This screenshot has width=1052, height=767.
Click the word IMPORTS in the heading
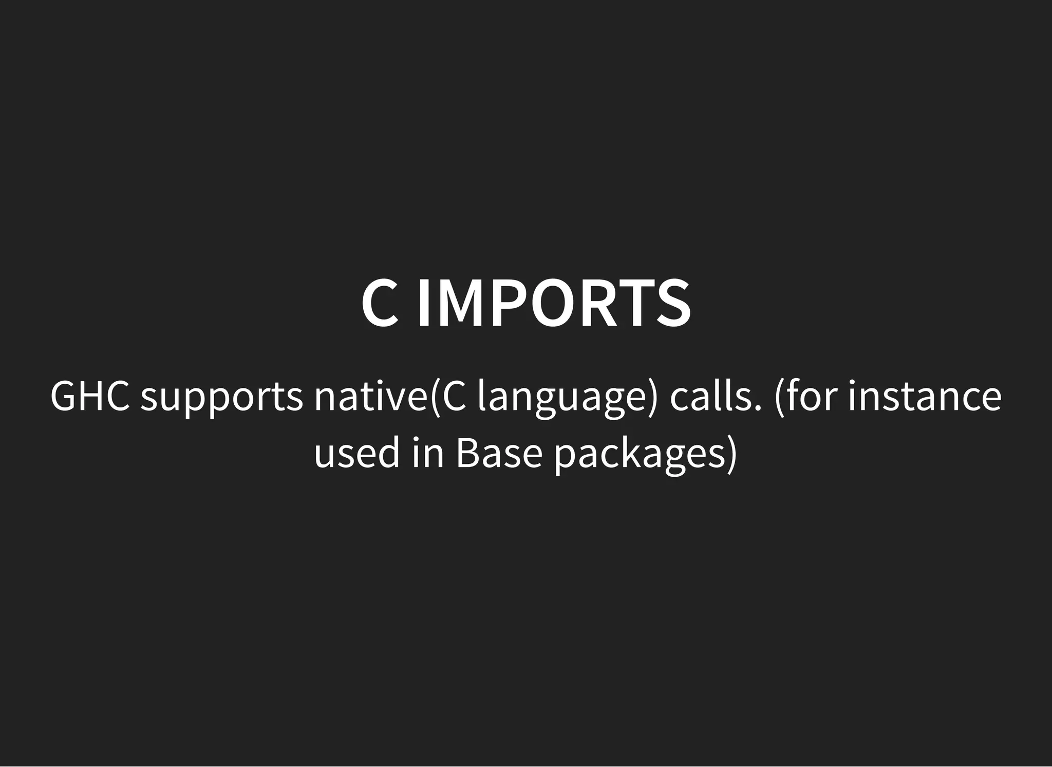coord(554,304)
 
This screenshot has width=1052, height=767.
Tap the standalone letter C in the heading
coord(380,304)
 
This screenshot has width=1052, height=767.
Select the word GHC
coord(90,396)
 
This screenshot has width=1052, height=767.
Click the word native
coord(370,396)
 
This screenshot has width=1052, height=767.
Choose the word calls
coord(710,396)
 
